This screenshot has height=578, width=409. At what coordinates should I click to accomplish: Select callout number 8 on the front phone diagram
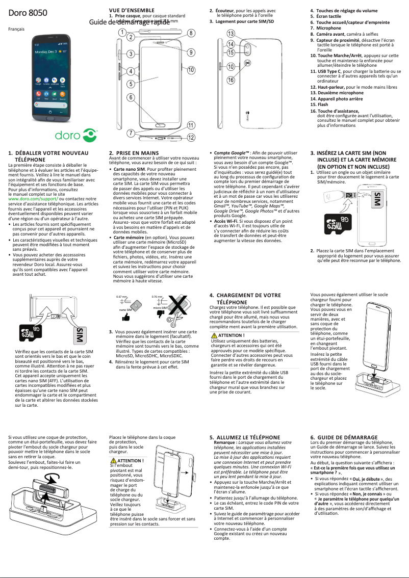[190, 33]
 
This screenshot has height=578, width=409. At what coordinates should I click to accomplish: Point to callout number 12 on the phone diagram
[190, 137]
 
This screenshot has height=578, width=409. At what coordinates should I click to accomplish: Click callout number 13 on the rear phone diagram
[231, 34]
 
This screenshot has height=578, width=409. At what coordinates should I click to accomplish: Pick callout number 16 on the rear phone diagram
[231, 80]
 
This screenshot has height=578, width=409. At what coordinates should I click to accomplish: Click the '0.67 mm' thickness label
[121, 297]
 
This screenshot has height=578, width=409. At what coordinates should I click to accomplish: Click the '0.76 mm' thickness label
[157, 297]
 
